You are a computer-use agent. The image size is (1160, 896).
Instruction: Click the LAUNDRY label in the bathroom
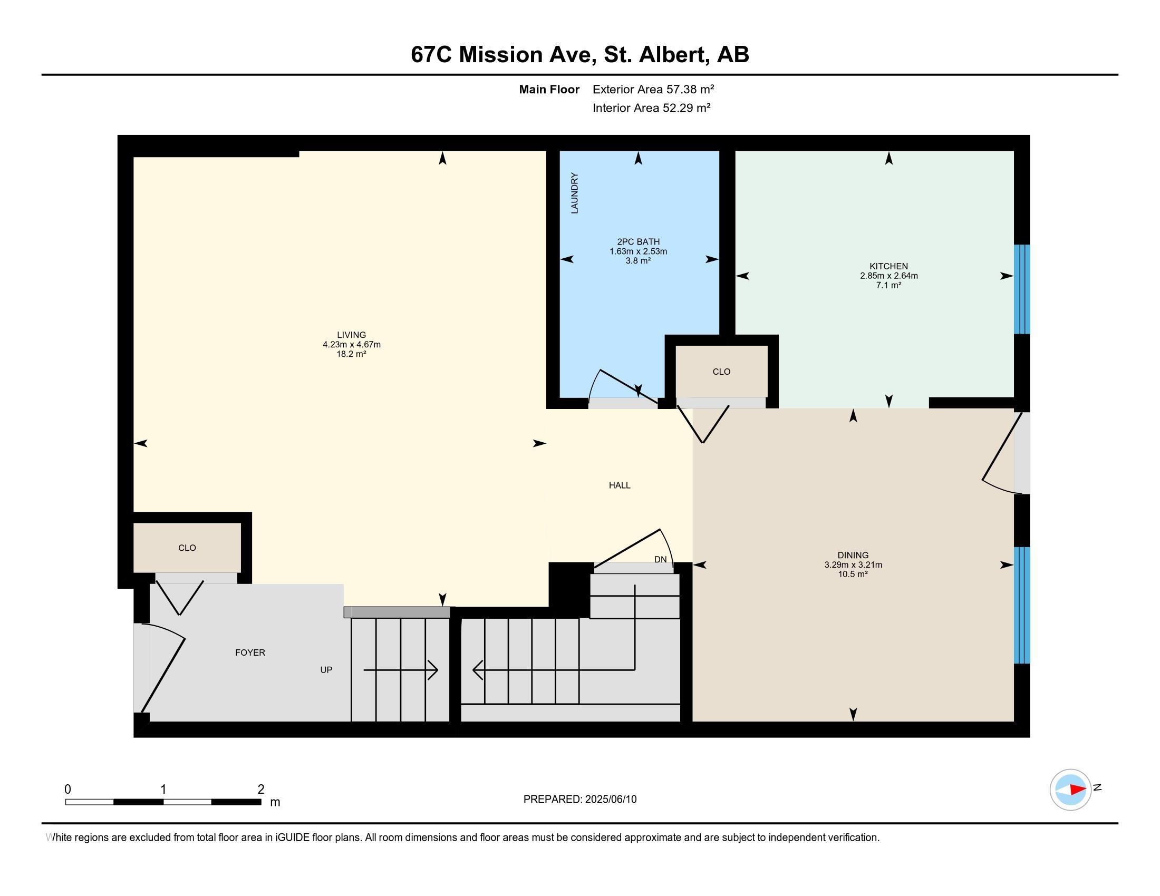click(574, 193)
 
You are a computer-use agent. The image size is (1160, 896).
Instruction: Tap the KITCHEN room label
click(888, 267)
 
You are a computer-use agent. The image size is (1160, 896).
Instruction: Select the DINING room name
click(853, 555)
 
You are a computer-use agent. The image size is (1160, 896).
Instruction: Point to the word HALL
click(620, 485)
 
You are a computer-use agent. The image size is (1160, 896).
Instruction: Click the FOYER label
click(250, 653)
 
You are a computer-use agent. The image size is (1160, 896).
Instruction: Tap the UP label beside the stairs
click(326, 670)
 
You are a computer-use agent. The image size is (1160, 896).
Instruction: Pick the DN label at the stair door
click(660, 559)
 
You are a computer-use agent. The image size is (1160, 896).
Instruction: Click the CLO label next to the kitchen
click(721, 372)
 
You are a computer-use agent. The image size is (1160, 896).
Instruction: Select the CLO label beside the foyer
click(187, 548)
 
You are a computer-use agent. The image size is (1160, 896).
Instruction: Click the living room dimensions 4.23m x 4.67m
click(352, 345)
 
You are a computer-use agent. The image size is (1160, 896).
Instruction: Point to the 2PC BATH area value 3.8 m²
click(638, 260)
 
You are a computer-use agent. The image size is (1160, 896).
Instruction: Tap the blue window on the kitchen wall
click(1022, 289)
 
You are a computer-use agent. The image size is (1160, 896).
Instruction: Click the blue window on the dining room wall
click(1022, 605)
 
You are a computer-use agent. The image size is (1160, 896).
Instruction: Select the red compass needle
click(1078, 790)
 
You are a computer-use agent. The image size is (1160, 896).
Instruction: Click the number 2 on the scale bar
click(261, 790)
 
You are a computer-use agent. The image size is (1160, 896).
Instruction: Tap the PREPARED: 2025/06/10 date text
click(580, 800)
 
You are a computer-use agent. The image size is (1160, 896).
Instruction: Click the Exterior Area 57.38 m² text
click(653, 89)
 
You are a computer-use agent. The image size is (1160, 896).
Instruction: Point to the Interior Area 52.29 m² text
click(652, 108)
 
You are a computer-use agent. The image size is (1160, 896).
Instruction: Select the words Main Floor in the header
click(549, 89)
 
